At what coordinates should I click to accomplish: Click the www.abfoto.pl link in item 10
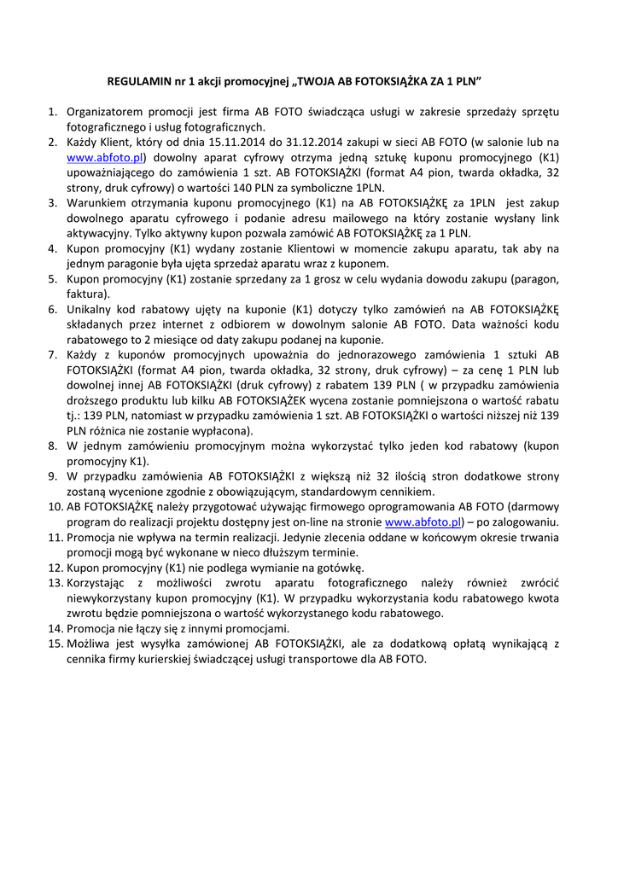coord(423,521)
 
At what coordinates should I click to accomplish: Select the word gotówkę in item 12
coord(338,567)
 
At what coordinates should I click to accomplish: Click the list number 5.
coord(51,278)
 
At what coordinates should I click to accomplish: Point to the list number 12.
coord(48,567)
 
